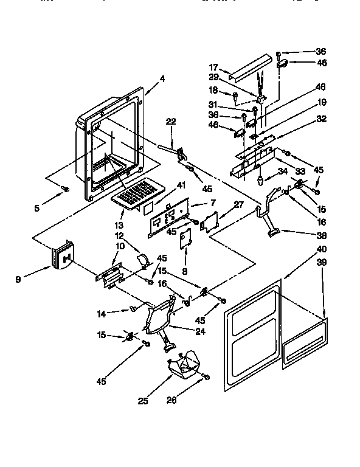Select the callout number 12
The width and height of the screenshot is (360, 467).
120,235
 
